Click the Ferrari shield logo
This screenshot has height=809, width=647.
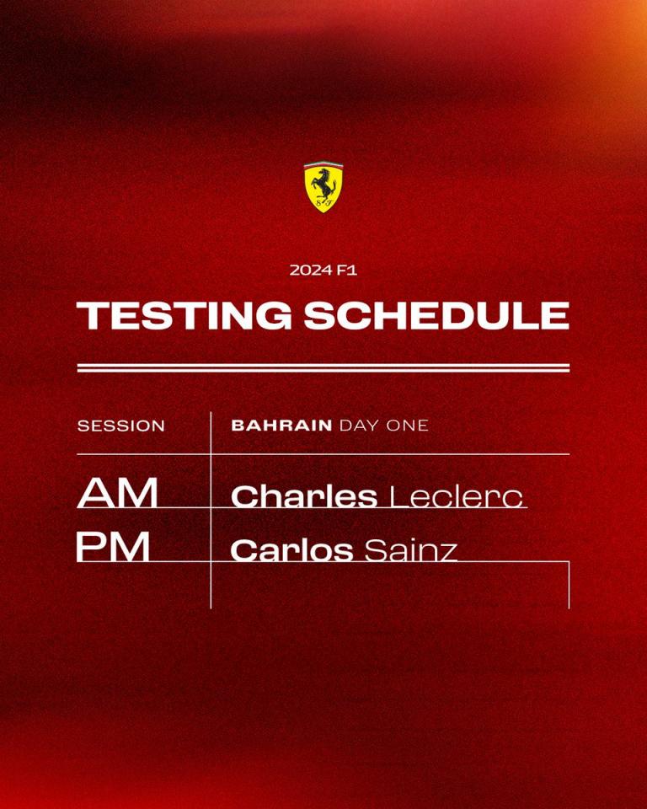click(323, 186)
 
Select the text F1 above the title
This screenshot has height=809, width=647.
click(347, 270)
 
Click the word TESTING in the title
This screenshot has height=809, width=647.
click(184, 315)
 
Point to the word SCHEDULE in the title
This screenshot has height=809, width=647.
click(436, 315)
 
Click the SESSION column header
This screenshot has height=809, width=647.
click(121, 426)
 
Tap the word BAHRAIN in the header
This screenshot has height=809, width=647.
click(281, 425)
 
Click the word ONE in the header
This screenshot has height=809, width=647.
click(409, 425)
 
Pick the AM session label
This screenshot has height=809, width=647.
click(118, 493)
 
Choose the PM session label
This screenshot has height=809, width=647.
click(113, 546)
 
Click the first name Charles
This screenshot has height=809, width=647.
click(304, 496)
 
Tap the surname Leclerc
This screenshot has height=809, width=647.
click(456, 496)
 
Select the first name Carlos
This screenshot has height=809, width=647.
click(291, 550)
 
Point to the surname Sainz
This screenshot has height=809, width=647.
click(411, 550)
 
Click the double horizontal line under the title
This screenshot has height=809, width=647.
click(323, 368)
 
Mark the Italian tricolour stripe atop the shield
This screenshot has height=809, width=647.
click(323, 164)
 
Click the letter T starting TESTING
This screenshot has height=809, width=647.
click(91, 315)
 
